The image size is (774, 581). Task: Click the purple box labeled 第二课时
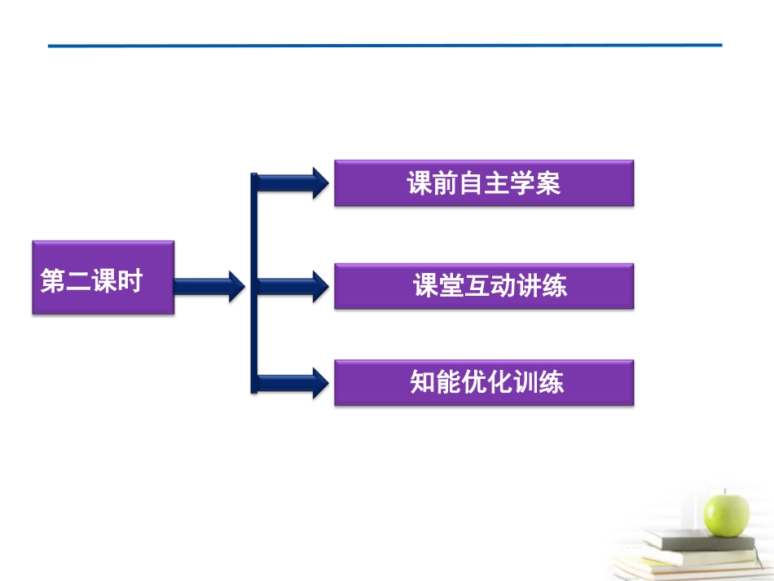103,278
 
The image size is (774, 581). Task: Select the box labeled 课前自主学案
484,183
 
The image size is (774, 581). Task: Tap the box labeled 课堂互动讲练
484,285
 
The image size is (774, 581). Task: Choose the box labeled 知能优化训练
484,382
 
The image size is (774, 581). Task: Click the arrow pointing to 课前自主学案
293,182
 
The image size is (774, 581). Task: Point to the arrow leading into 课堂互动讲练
293,285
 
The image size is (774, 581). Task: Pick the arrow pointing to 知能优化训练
293,382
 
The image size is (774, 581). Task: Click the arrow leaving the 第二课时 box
209,285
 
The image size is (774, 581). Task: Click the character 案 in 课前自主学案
549,183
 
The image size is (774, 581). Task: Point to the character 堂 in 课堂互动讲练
452,286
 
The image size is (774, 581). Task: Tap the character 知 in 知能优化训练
422,382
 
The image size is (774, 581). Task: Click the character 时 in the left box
130,282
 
